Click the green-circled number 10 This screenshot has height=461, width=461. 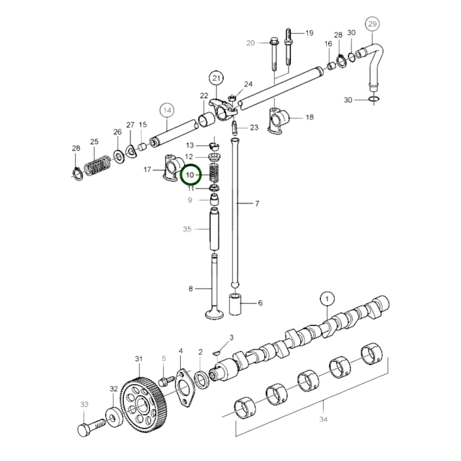tap(190, 175)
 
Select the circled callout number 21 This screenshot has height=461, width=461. tap(216, 78)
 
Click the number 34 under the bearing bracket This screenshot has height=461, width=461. tap(323, 420)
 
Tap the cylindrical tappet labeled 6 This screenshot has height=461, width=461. tap(235, 305)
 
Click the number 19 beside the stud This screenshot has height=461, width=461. tap(309, 33)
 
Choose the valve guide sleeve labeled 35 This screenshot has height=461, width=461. tap(214, 229)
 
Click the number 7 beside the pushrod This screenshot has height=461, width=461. tap(257, 204)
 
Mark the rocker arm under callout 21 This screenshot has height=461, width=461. tap(223, 110)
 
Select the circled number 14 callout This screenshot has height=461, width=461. tap(167, 111)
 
